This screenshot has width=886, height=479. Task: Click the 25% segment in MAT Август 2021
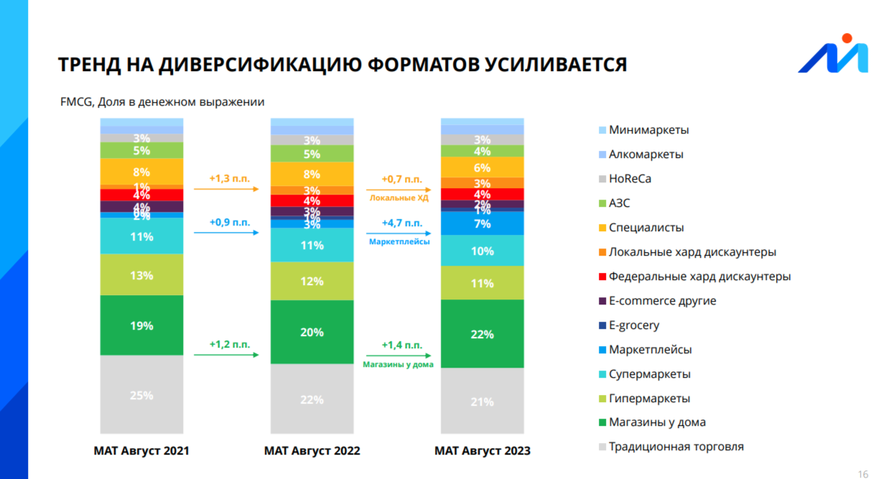click(x=141, y=396)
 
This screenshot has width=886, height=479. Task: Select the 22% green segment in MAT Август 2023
click(x=482, y=334)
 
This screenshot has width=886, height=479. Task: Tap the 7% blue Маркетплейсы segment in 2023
click(x=482, y=223)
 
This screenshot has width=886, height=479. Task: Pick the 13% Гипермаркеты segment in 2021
click(x=141, y=275)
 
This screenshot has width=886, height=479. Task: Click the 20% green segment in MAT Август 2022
click(x=312, y=332)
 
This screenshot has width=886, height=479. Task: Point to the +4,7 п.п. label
click(x=401, y=223)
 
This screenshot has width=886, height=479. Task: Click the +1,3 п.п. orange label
click(x=230, y=178)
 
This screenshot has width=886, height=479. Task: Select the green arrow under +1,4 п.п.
click(x=399, y=355)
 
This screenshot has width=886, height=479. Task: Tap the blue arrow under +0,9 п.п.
click(x=226, y=233)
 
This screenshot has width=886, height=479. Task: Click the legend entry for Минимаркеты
click(x=648, y=130)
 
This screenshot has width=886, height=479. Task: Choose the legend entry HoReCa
click(x=630, y=179)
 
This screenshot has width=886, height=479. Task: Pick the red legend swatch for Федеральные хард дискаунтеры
click(x=602, y=276)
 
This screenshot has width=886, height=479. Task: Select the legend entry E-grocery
click(x=633, y=325)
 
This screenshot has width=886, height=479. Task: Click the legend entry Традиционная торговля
click(x=676, y=447)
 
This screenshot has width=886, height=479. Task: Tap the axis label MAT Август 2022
click(x=312, y=451)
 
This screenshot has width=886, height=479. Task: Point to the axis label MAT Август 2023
click(x=482, y=451)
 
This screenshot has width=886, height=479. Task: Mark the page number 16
click(x=863, y=474)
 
